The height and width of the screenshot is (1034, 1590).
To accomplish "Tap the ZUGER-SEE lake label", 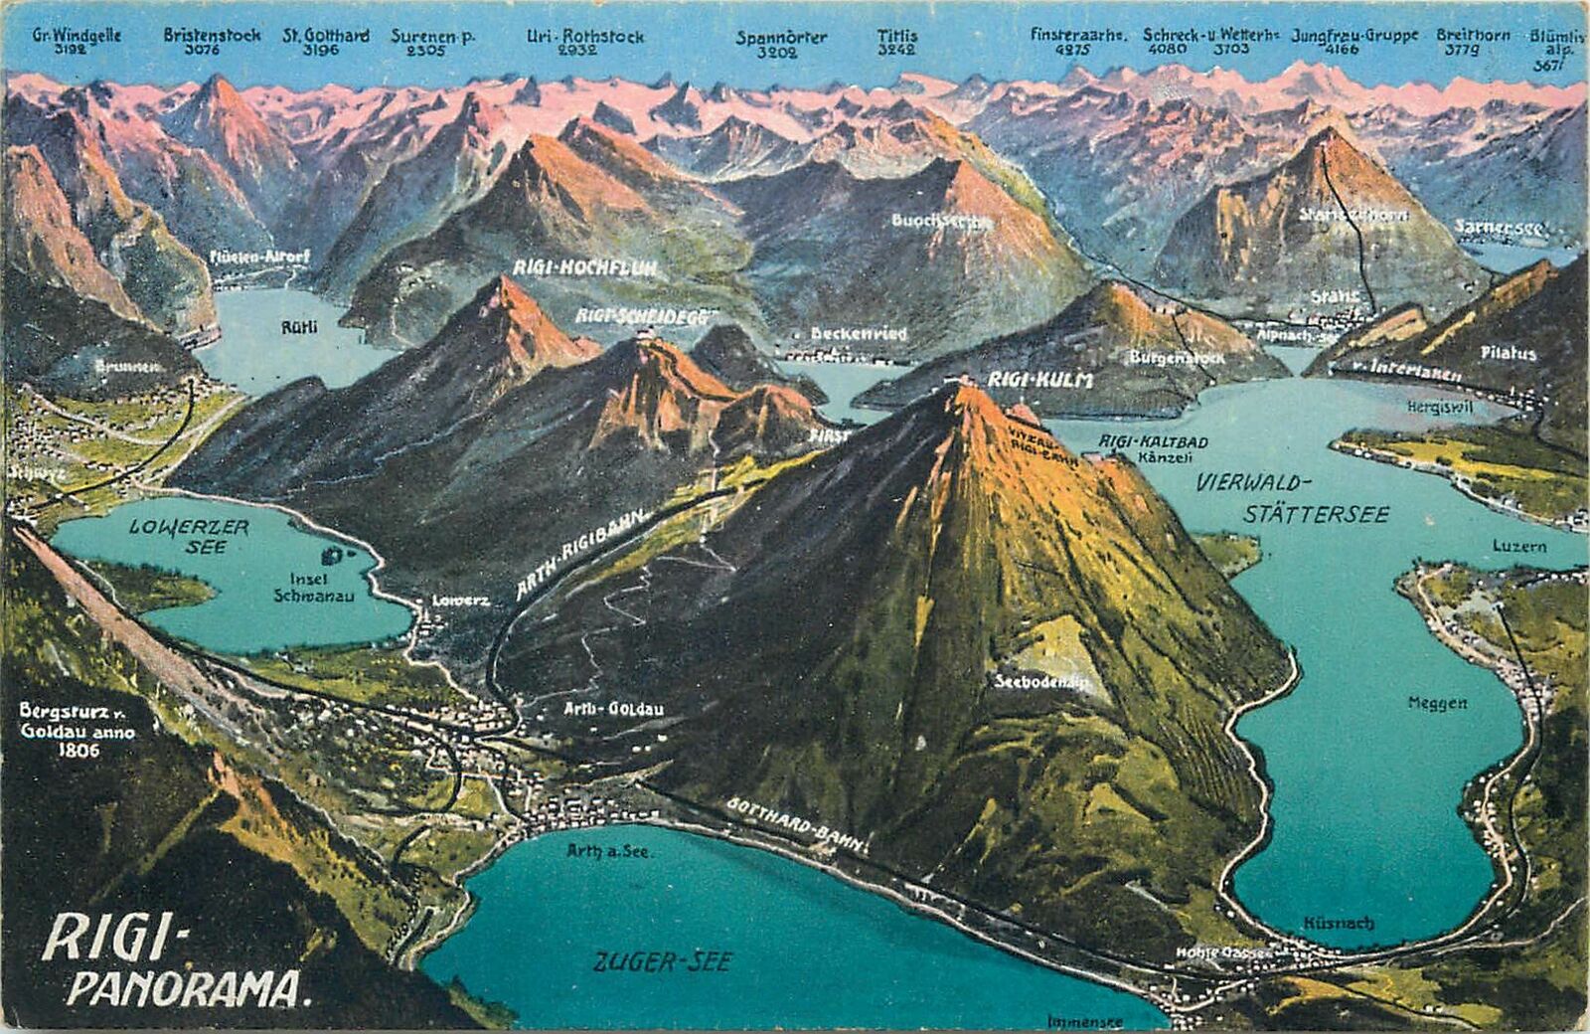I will point(663,961).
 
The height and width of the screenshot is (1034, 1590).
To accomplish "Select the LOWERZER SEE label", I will point(189,537).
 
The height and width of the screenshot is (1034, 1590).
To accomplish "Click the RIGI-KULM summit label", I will point(1027,380).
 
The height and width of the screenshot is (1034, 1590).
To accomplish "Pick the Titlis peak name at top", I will point(897,36).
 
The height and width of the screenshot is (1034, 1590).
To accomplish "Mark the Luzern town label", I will point(1519,547).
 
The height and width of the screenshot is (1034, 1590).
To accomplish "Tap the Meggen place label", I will point(1437,703).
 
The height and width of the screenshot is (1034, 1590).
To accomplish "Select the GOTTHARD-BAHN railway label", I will point(798,824).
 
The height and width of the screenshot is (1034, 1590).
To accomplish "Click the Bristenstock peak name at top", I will point(212,35).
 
